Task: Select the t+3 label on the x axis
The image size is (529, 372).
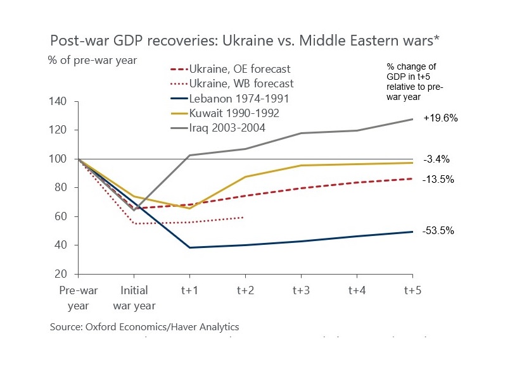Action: pyautogui.click(x=301, y=290)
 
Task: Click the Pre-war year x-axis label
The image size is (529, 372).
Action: pyautogui.click(x=78, y=297)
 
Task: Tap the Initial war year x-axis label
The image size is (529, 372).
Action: pyautogui.click(x=134, y=297)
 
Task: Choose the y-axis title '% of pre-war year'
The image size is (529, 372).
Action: pyautogui.click(x=92, y=60)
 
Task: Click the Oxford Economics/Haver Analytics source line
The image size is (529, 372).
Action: pyautogui.click(x=144, y=327)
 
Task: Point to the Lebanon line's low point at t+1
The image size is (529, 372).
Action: pyautogui.click(x=189, y=247)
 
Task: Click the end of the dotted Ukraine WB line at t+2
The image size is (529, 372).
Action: pyautogui.click(x=245, y=218)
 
